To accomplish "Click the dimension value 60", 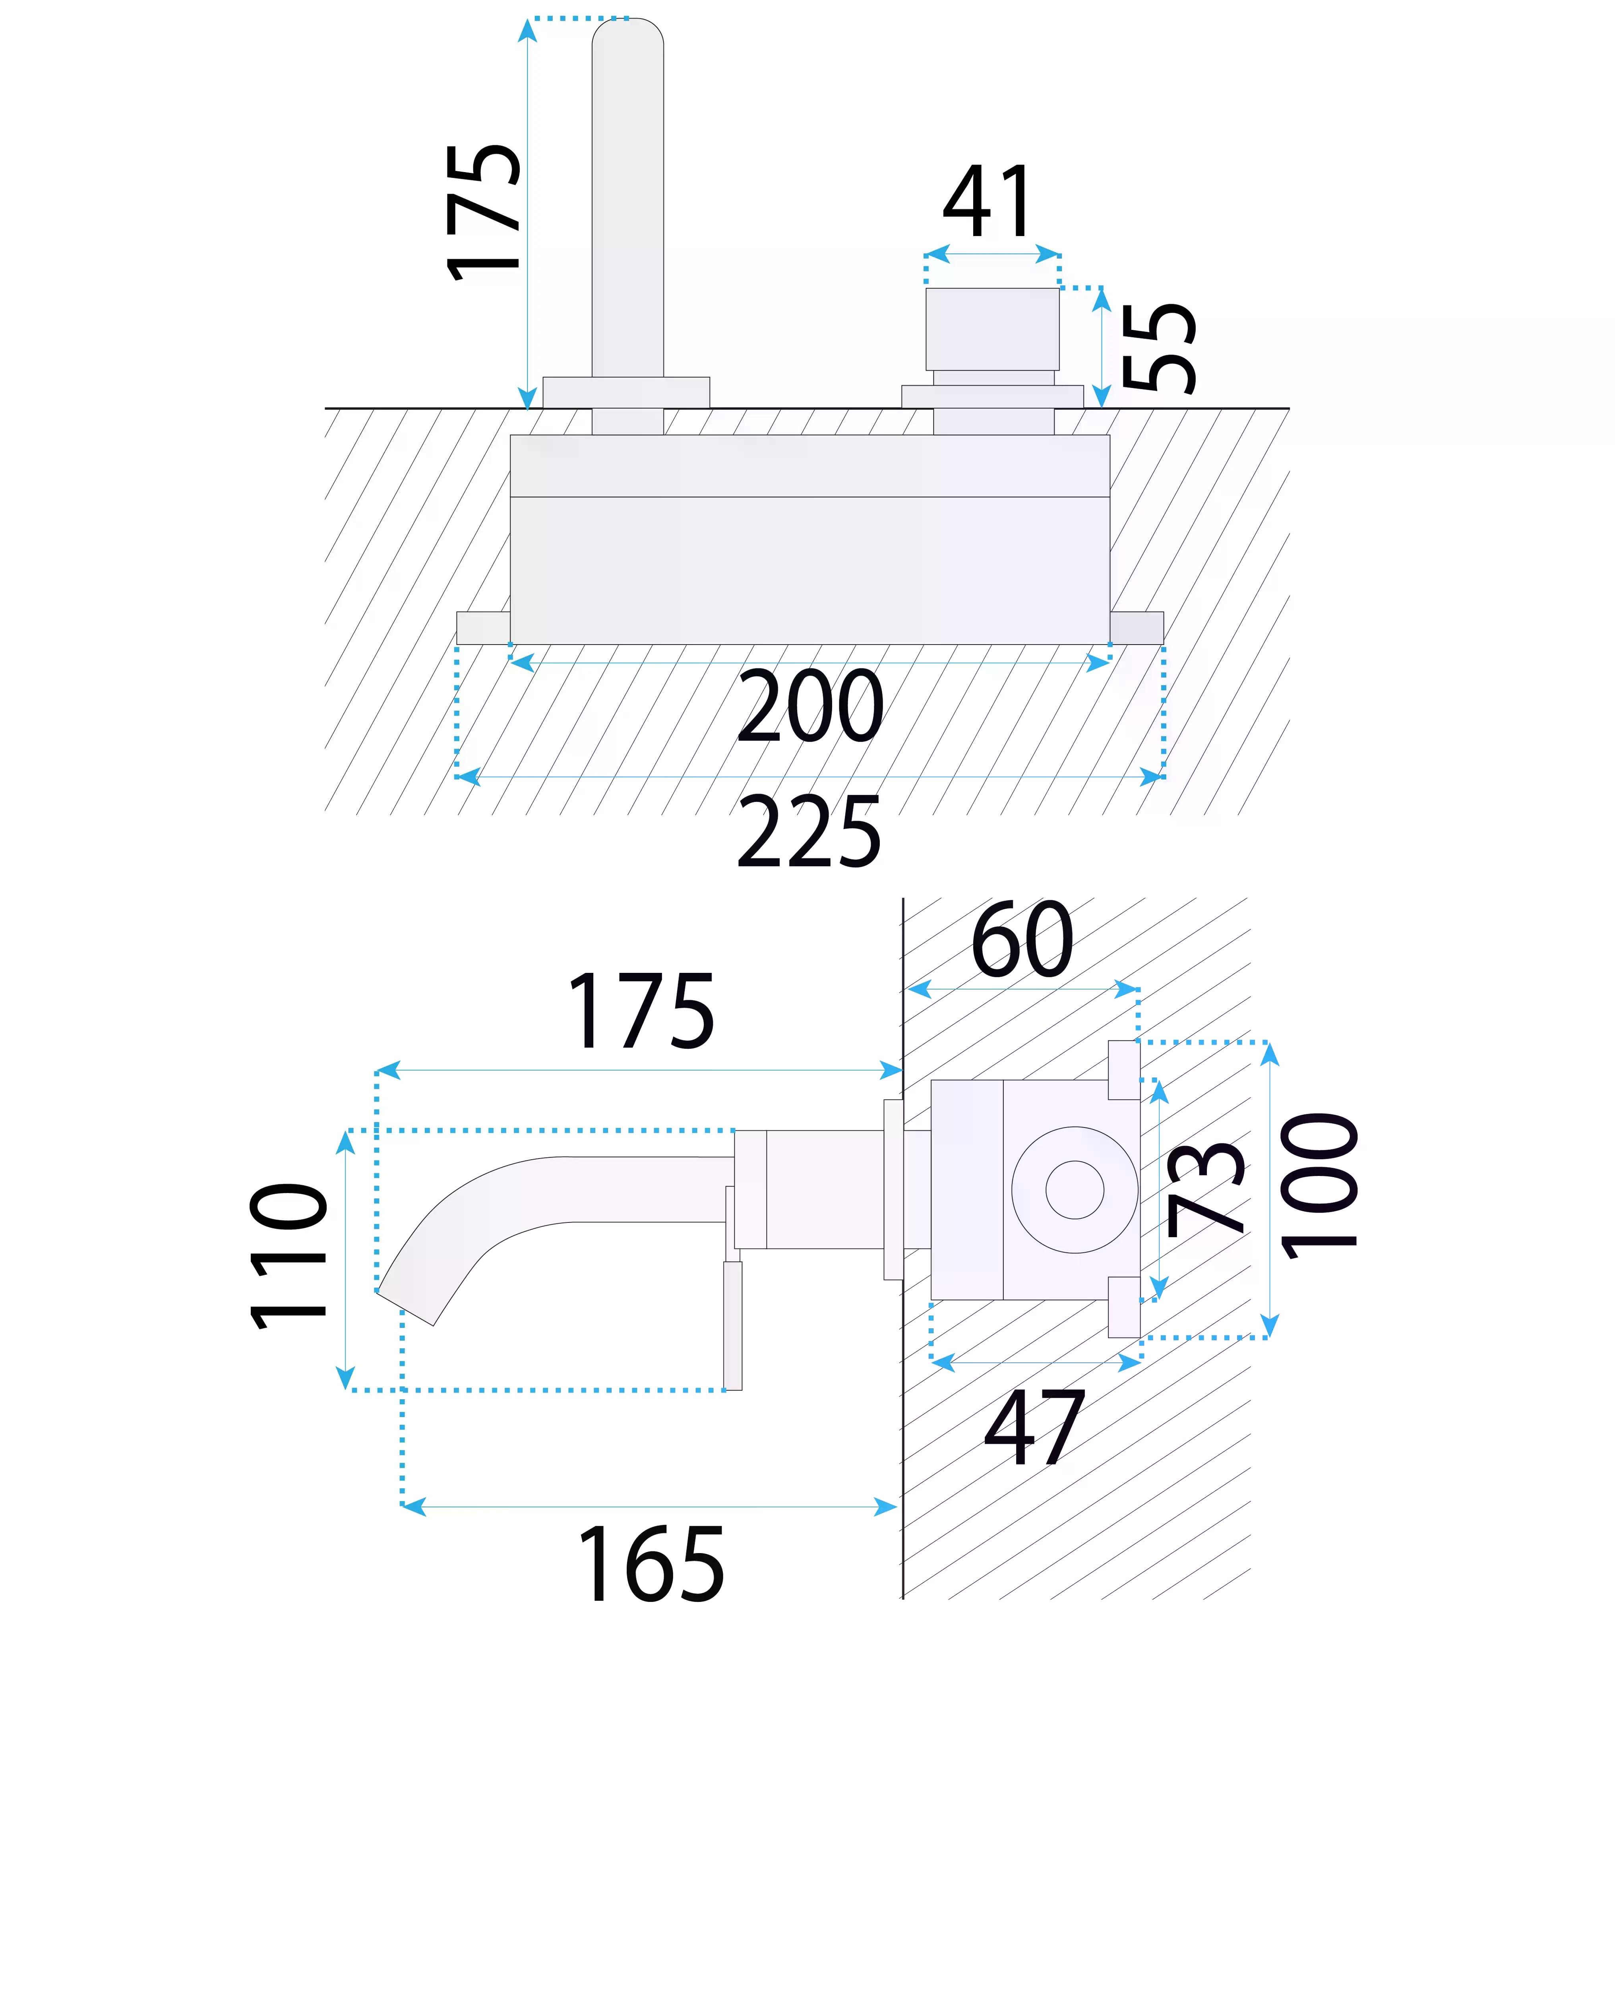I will (x=1021, y=940).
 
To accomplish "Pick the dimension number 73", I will (x=1206, y=1189).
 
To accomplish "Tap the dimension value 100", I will (x=1319, y=1186).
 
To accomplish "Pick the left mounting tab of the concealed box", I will (x=483, y=627).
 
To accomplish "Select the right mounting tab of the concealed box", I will (x=1136, y=627).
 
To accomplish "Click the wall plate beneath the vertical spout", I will (x=626, y=392).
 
